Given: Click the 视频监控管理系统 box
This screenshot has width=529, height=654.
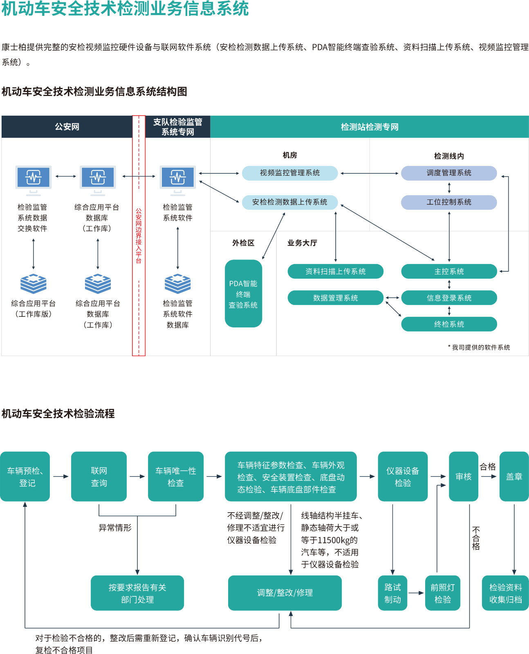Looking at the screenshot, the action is (x=289, y=173).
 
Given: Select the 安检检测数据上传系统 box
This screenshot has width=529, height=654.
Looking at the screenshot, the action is (x=289, y=202).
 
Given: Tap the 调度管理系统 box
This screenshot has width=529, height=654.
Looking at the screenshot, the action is (x=448, y=173).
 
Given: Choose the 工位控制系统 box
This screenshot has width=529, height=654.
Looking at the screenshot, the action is (x=448, y=202).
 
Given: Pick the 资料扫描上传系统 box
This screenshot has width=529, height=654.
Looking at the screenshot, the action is (x=335, y=271).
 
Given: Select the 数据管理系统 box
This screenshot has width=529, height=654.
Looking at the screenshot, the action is (x=335, y=298).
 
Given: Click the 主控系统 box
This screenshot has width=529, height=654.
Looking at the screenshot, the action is (x=449, y=271).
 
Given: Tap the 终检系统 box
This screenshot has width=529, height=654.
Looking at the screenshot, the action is (x=449, y=324).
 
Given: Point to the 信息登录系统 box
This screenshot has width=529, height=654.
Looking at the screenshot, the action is (x=449, y=298).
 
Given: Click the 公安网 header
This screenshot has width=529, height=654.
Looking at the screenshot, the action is (x=67, y=126).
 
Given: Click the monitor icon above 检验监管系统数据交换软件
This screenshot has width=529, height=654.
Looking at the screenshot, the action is (x=33, y=181).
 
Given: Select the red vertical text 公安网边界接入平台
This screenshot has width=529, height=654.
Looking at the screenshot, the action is (x=139, y=235).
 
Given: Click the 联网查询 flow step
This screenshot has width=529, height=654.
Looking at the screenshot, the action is (x=99, y=476).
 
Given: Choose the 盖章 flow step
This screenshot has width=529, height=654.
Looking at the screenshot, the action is (x=514, y=476).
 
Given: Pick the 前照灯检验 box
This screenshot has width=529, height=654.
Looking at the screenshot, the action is (x=442, y=593).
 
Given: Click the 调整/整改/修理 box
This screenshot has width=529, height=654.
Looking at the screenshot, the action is (x=285, y=593).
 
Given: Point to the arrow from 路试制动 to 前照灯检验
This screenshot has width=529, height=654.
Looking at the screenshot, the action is (x=416, y=593).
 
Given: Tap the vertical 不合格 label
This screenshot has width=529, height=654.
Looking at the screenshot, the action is (x=475, y=538).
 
